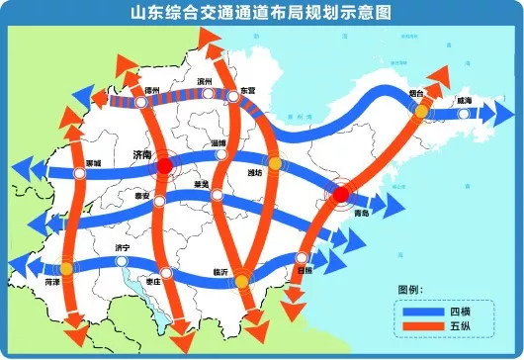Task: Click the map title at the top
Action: pos(261,14)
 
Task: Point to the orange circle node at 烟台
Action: pos(421,113)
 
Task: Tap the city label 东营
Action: pos(234,89)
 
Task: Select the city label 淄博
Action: pos(220,143)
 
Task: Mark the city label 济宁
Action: pos(124,247)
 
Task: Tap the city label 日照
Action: pos(305,269)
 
